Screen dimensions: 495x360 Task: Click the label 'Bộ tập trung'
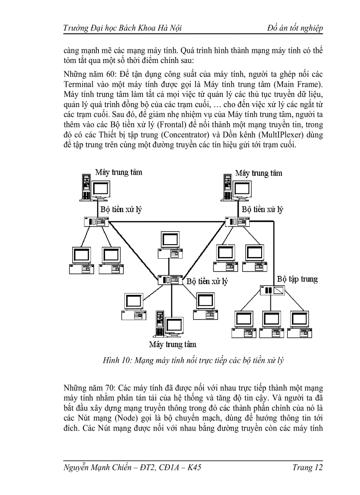pyautogui.click(x=297, y=279)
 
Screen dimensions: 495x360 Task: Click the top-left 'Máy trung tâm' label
pyautogui.click(x=119, y=172)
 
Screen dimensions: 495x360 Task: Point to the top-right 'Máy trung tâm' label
pyautogui.click(x=259, y=173)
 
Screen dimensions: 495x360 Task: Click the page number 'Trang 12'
pyautogui.click(x=307, y=467)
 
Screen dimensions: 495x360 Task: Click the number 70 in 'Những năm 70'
pyautogui.click(x=110, y=388)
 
